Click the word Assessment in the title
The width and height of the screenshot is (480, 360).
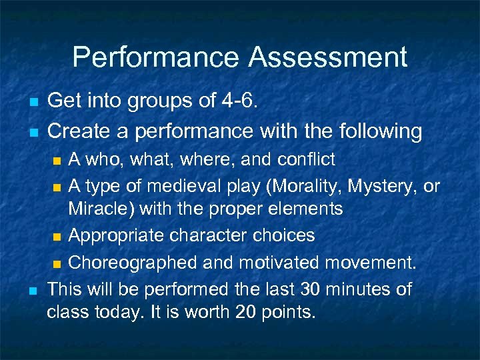pyautogui.click(x=327, y=57)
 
